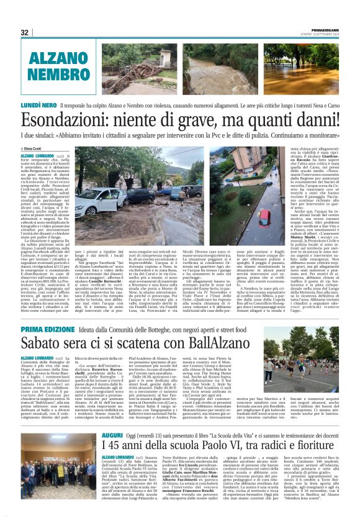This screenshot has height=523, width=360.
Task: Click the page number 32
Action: (x=25, y=32)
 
